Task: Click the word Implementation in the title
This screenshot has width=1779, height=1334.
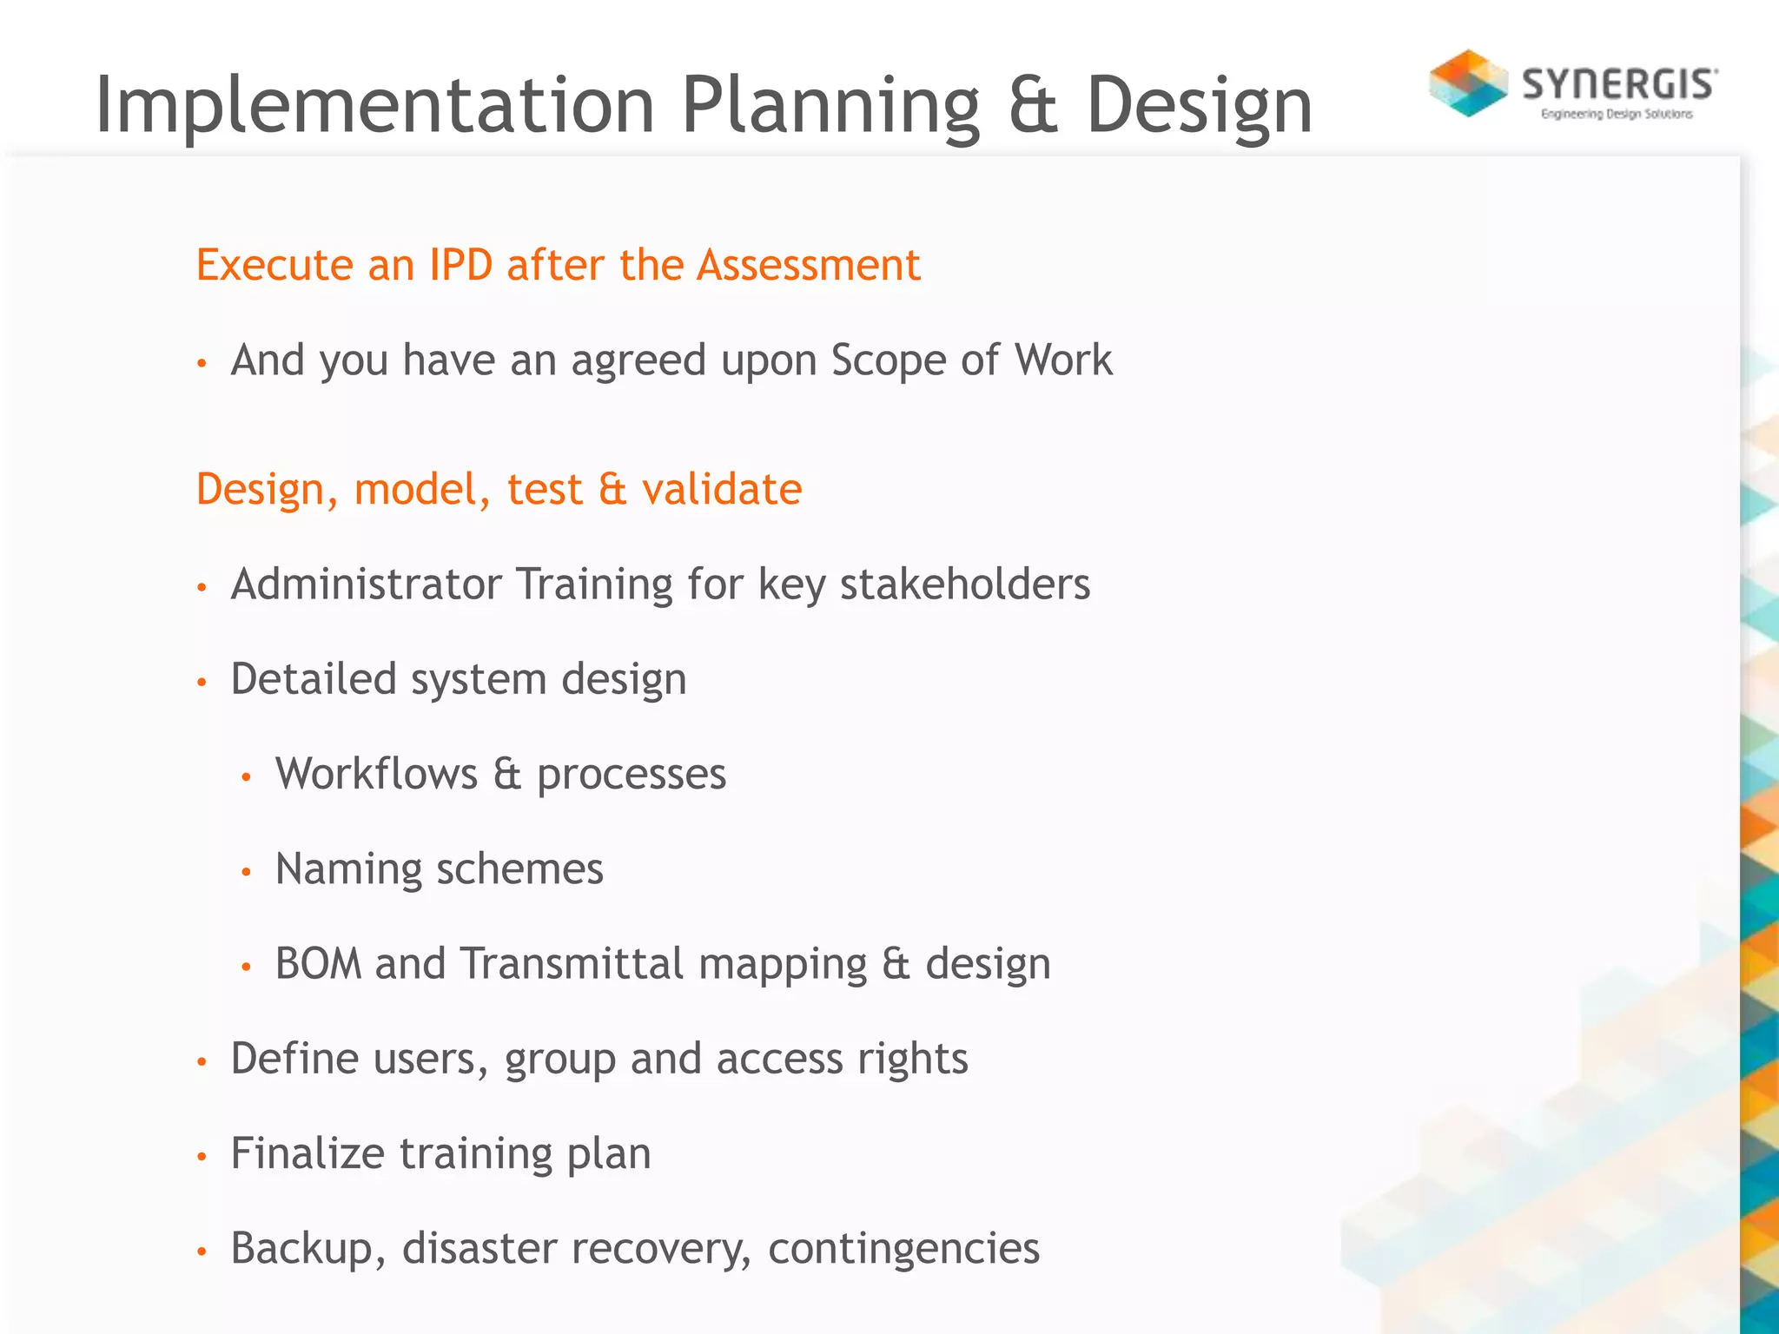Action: (x=374, y=105)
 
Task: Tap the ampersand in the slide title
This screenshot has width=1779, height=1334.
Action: (x=1033, y=105)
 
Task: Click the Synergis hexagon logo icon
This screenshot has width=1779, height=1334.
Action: (x=1468, y=83)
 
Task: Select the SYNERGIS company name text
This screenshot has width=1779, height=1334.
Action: (x=1619, y=84)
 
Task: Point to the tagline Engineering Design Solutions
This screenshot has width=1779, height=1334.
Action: (x=1617, y=114)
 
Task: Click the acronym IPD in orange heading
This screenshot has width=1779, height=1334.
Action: (x=460, y=265)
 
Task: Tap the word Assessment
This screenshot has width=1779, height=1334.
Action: (x=808, y=265)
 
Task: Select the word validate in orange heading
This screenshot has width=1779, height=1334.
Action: (x=722, y=489)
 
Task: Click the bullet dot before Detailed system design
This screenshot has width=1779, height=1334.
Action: (x=202, y=682)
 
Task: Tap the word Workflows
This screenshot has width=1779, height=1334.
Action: (x=376, y=773)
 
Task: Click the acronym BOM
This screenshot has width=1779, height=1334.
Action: (x=318, y=963)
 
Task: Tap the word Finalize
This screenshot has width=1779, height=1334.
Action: (x=308, y=1153)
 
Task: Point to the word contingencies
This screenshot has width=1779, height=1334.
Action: (x=903, y=1248)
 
